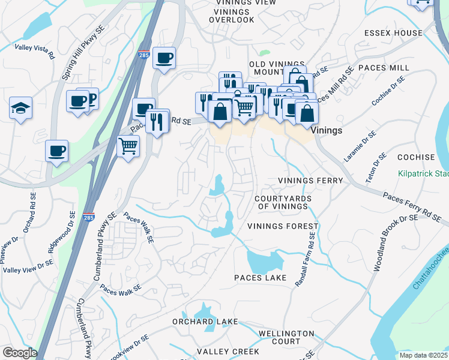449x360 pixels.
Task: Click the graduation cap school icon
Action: [20, 109]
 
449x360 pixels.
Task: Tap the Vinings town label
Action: [327, 130]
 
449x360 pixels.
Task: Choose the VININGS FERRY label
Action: [310, 181]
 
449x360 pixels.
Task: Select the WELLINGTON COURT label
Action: [286, 337]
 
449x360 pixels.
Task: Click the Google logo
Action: [19, 353]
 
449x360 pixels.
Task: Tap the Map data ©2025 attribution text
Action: [423, 355]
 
